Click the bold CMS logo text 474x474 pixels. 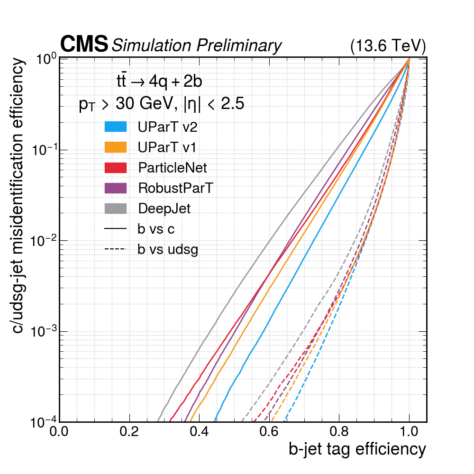click(x=84, y=45)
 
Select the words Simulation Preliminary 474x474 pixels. click(x=196, y=46)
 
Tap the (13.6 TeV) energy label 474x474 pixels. click(x=388, y=46)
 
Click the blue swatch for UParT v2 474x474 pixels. click(x=116, y=127)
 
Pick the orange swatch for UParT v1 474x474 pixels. click(x=116, y=147)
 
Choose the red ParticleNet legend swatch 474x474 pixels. click(x=116, y=167)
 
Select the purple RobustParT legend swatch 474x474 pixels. click(x=116, y=188)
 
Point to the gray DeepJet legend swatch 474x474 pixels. click(x=116, y=208)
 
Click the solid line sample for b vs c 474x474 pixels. click(x=116, y=229)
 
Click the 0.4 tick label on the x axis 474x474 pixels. click(x=199, y=432)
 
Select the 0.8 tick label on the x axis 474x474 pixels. click(x=339, y=432)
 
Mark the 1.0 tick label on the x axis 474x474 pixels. click(x=409, y=432)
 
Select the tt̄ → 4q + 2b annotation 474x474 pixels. click(x=159, y=82)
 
